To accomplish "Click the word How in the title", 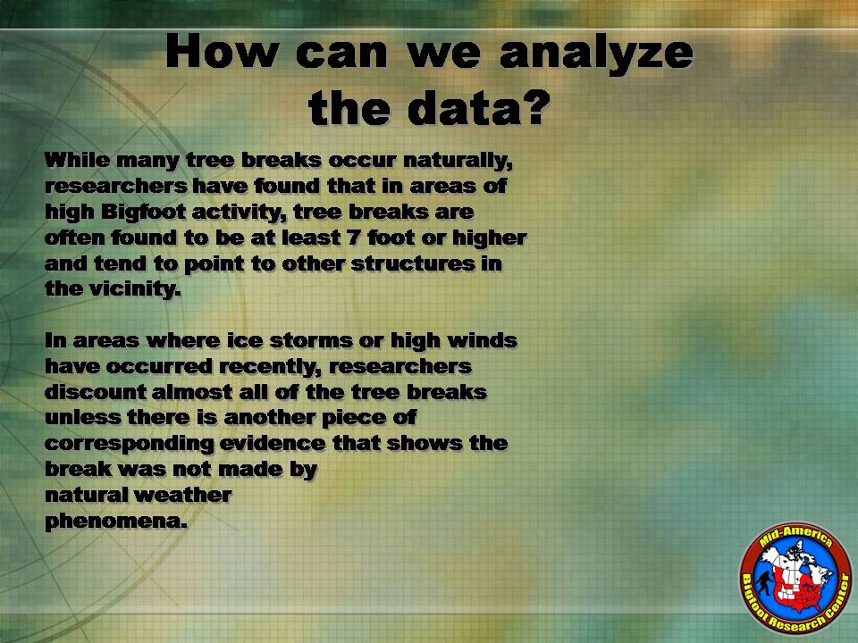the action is point(222,51).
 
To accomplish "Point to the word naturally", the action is point(458,162).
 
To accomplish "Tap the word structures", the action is point(413,263).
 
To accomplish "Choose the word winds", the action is point(482,340).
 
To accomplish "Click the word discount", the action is point(96,391).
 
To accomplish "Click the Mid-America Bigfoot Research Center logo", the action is point(795,578).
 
